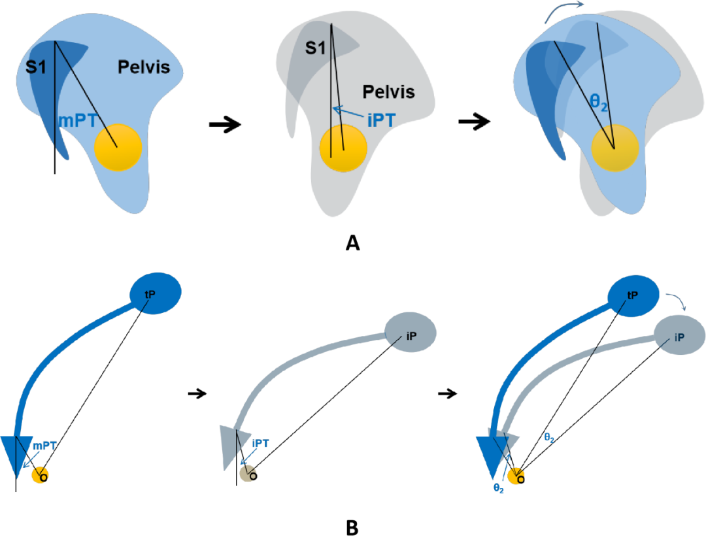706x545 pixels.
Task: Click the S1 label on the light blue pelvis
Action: pyautogui.click(x=36, y=66)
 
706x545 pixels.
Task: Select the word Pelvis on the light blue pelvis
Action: pyautogui.click(x=144, y=66)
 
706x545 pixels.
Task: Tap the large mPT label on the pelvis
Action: pyautogui.click(x=77, y=120)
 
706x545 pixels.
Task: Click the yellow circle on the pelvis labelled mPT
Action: pyautogui.click(x=118, y=147)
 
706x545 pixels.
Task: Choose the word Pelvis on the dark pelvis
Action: pyautogui.click(x=388, y=91)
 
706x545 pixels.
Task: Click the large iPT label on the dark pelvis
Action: pyautogui.click(x=381, y=121)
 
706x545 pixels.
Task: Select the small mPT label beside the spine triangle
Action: pyautogui.click(x=44, y=445)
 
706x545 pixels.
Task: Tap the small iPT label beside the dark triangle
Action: pyautogui.click(x=261, y=443)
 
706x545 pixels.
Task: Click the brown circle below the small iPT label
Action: pyautogui.click(x=248, y=473)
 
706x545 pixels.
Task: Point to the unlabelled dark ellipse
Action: pyautogui.click(x=679, y=335)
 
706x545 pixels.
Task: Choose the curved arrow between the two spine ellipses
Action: pyautogui.click(x=676, y=301)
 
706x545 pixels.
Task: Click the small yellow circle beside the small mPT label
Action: pyautogui.click(x=41, y=474)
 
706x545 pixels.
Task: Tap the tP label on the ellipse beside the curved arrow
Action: pyautogui.click(x=632, y=295)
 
